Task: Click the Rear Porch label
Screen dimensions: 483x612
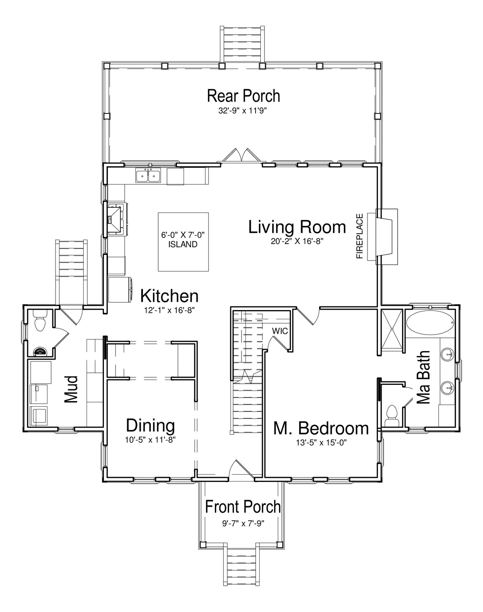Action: click(x=244, y=96)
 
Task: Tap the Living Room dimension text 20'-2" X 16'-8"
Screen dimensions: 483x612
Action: click(x=297, y=242)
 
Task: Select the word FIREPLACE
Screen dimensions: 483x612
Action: click(x=360, y=236)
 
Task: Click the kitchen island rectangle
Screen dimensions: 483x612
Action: click(x=184, y=242)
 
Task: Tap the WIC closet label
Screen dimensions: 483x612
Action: click(x=280, y=331)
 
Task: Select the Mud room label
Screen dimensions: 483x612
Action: click(x=71, y=389)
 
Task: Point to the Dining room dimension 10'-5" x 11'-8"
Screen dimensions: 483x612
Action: click(x=151, y=440)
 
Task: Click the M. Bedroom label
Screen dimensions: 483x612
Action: click(x=321, y=428)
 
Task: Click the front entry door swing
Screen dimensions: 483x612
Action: click(x=241, y=469)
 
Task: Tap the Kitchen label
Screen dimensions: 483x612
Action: click(x=169, y=296)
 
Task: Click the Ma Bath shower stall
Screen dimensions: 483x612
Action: click(x=392, y=329)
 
